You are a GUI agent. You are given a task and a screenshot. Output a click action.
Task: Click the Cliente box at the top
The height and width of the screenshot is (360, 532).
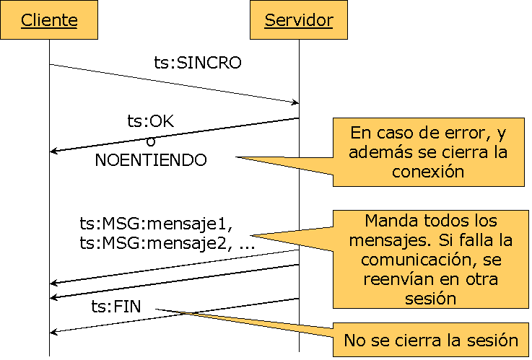coord(49,20)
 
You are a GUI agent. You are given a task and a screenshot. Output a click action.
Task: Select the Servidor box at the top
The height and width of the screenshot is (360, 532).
coord(299,20)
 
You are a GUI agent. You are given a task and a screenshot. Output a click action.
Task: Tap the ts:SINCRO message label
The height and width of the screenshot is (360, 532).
coord(198,63)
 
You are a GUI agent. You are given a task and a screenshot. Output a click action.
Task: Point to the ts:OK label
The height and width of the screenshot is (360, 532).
coord(150,121)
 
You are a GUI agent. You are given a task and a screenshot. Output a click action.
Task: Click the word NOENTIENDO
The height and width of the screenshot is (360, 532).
coord(151,160)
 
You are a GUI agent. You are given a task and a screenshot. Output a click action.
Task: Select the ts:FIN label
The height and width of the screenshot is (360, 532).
coord(116,307)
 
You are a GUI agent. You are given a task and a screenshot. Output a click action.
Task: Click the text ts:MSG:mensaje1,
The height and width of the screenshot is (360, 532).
coord(156,224)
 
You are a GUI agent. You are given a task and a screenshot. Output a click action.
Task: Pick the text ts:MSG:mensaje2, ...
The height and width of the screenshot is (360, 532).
coord(153,243)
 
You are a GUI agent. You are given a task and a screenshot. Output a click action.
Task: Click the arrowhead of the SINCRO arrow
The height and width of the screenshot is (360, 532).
coord(295,102)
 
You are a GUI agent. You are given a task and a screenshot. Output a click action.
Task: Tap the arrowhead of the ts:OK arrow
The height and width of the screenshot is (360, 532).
coord(53,151)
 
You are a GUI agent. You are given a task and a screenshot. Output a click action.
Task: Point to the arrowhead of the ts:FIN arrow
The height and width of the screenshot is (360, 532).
coord(53,332)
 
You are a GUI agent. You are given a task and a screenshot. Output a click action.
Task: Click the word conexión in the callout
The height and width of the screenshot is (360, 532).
coord(428,172)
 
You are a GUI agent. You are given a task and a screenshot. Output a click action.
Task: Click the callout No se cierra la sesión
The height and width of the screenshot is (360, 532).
coord(431,340)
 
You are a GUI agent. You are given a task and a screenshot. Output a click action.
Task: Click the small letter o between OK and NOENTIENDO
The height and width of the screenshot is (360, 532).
coord(151,141)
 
